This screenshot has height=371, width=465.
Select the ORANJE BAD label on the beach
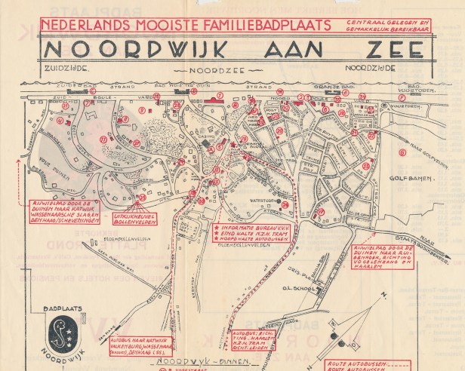335,87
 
